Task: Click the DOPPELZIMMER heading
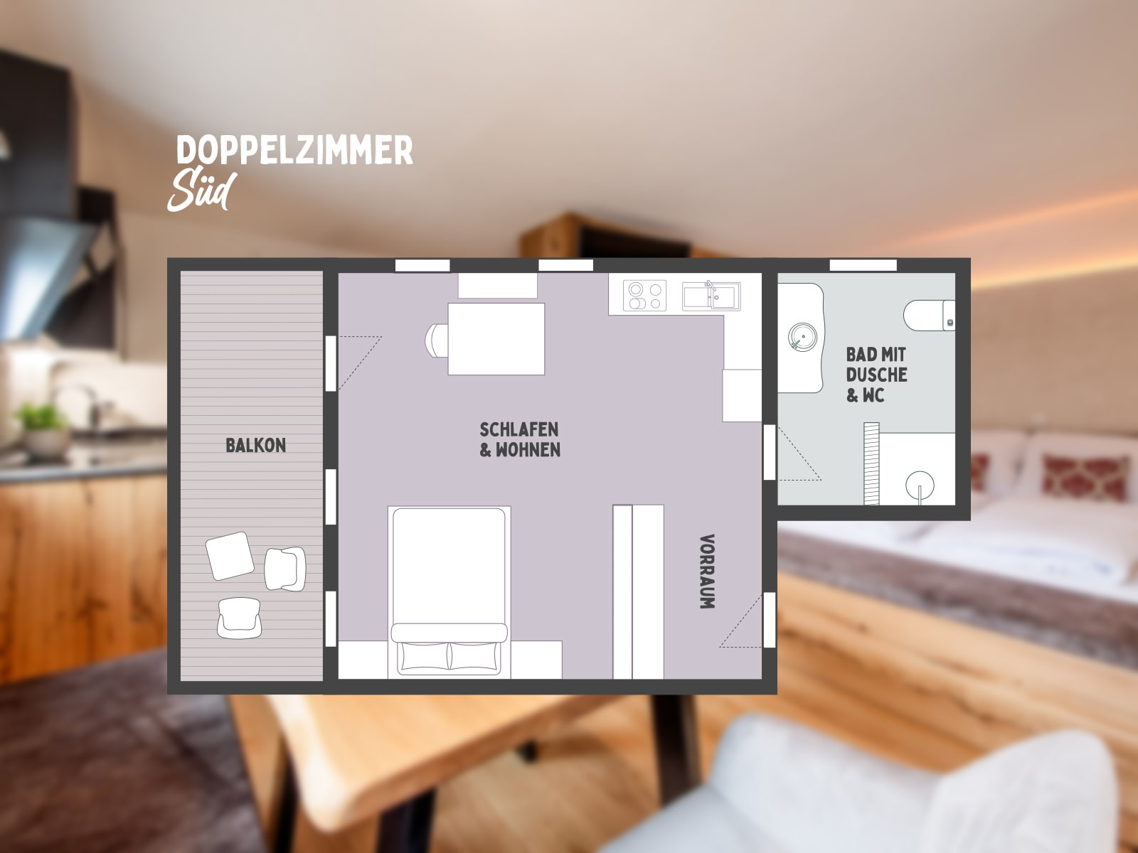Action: (294, 150)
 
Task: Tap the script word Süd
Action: (202, 191)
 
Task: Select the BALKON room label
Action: (255, 446)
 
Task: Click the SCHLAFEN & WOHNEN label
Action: (519, 440)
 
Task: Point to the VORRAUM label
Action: (707, 572)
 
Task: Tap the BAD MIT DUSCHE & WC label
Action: (876, 375)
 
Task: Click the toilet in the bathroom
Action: (929, 315)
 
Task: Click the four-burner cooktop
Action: (644, 296)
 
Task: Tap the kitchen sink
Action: (711, 296)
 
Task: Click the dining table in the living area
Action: (496, 339)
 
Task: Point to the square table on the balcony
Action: (230, 556)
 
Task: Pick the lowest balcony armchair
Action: (239, 618)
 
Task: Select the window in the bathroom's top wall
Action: (863, 265)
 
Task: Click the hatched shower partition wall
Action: (871, 463)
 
